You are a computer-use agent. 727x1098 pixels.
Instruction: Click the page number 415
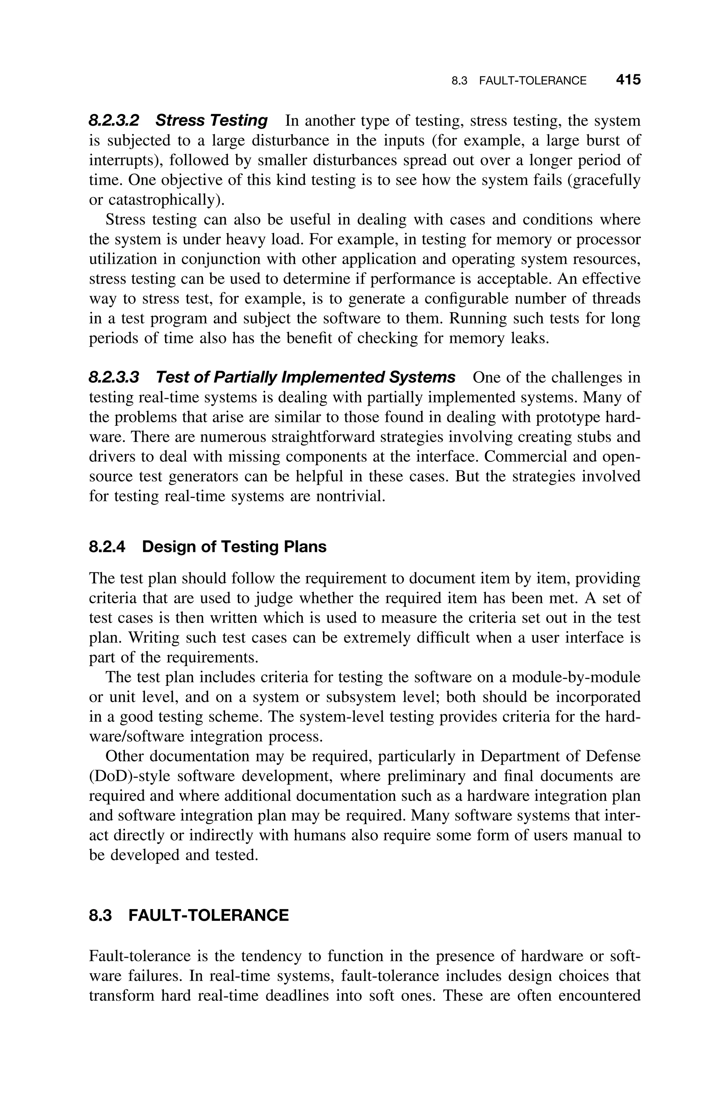pos(628,80)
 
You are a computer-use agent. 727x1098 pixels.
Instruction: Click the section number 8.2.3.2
pos(114,120)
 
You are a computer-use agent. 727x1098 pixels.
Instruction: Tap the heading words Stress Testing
pos(212,120)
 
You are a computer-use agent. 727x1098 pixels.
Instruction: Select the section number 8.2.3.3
pos(114,377)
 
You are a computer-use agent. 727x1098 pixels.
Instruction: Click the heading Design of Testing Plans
pos(234,547)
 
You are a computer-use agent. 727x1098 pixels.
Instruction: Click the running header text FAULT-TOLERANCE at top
pos(532,81)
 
